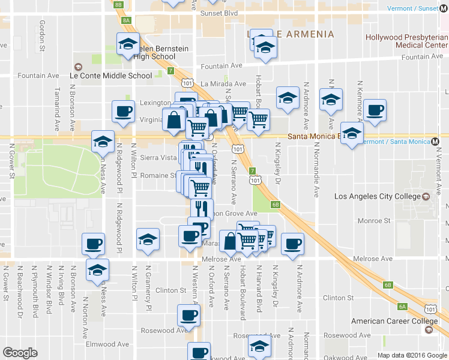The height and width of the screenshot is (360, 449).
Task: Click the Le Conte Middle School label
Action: click(x=111, y=76)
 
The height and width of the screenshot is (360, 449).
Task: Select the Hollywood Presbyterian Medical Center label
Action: click(x=406, y=41)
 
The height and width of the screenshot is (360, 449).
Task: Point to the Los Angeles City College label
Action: click(x=377, y=196)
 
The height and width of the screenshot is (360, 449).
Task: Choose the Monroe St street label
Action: click(x=373, y=221)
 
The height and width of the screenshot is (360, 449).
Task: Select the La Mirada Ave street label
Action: click(x=223, y=85)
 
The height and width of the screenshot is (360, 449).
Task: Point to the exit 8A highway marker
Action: click(x=126, y=20)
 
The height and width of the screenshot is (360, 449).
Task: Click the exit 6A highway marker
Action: click(x=402, y=307)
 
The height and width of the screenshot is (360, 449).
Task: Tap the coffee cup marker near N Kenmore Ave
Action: click(x=375, y=110)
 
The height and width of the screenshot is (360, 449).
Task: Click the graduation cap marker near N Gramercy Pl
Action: click(x=148, y=239)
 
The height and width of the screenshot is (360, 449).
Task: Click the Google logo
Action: click(x=20, y=353)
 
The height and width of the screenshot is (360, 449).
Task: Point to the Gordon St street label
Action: click(x=43, y=34)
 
